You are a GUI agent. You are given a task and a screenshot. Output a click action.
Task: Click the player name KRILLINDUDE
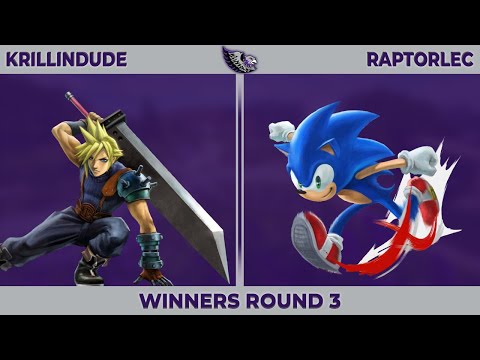coord(66,59)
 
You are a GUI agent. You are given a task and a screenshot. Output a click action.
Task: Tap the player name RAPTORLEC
coord(420,59)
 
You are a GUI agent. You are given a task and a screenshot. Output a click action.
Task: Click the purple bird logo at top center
coord(240,59)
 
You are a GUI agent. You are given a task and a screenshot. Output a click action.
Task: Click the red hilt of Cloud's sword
coord(74,103)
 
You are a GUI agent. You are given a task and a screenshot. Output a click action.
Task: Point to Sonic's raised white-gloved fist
coord(282,131)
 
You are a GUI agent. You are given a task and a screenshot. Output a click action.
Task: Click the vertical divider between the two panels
coord(240,180)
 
